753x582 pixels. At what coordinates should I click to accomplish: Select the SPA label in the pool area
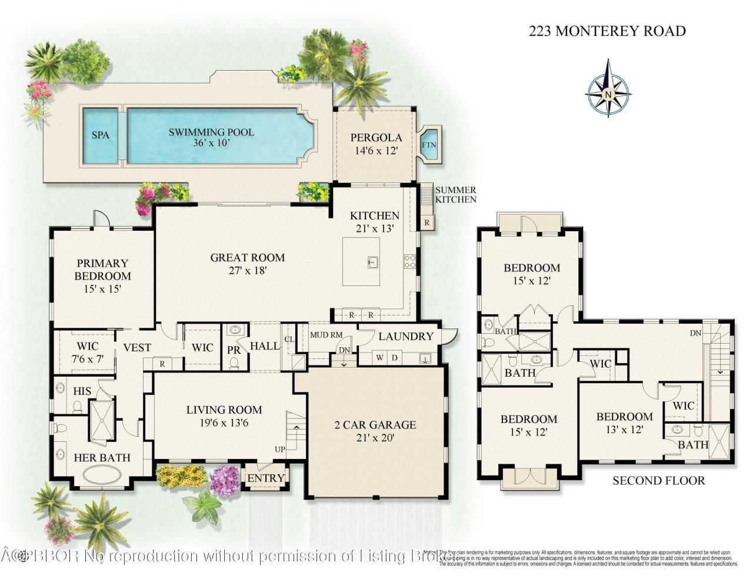coord(101,135)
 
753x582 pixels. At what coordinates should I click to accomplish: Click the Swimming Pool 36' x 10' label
coord(211,137)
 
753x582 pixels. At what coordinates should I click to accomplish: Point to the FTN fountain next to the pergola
coord(429,144)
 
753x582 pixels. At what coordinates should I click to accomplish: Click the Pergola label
coord(376,144)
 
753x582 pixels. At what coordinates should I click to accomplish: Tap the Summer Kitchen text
coord(455,195)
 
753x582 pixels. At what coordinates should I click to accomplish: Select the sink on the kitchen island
coord(373,262)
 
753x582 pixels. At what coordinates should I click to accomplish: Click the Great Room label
coord(247,263)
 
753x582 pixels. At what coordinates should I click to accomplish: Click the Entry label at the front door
coord(265,478)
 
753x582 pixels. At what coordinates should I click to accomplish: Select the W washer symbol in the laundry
coord(380,357)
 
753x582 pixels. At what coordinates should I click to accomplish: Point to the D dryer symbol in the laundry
coord(395,357)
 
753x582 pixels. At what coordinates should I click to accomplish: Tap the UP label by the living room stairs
coord(279,450)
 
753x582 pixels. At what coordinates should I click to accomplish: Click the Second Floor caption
coord(658,481)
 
